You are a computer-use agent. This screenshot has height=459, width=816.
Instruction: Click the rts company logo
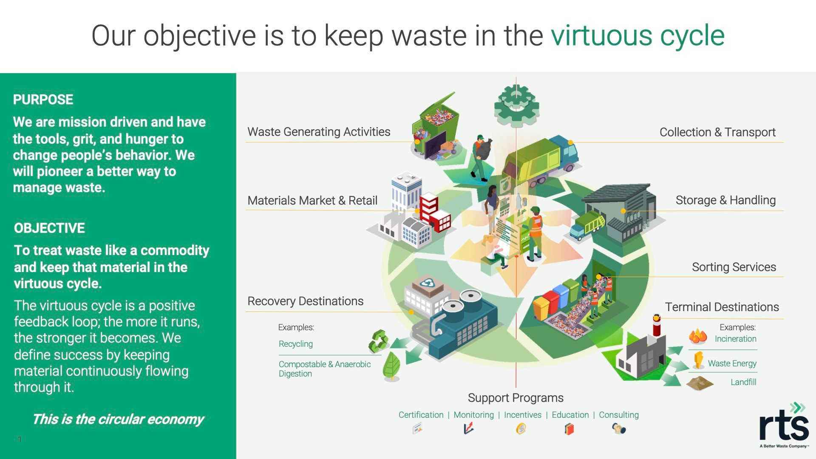(784, 425)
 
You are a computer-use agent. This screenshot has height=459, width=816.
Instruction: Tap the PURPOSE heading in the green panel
(43, 99)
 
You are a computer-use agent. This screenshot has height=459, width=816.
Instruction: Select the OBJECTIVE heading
(49, 228)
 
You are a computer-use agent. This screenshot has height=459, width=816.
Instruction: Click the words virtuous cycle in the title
(637, 35)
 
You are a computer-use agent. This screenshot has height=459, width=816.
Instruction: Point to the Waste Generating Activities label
(319, 132)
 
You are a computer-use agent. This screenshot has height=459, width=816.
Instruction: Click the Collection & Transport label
(717, 132)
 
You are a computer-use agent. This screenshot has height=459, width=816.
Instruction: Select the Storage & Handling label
(725, 200)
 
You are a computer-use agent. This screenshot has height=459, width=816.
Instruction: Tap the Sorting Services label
(734, 267)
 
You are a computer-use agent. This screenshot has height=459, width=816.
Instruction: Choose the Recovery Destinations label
(305, 301)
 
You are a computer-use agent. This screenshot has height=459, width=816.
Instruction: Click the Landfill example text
(743, 382)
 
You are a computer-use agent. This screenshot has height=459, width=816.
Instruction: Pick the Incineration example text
(735, 339)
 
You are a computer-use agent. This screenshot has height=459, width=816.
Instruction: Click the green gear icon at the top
(516, 104)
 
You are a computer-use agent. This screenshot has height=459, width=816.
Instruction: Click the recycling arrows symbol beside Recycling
(378, 342)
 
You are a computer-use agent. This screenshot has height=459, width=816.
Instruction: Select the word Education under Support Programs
(570, 415)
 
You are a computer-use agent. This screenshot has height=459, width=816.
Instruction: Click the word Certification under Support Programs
(421, 415)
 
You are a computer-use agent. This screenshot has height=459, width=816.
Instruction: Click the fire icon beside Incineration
(698, 337)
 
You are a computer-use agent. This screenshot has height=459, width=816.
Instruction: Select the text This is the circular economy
(118, 419)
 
